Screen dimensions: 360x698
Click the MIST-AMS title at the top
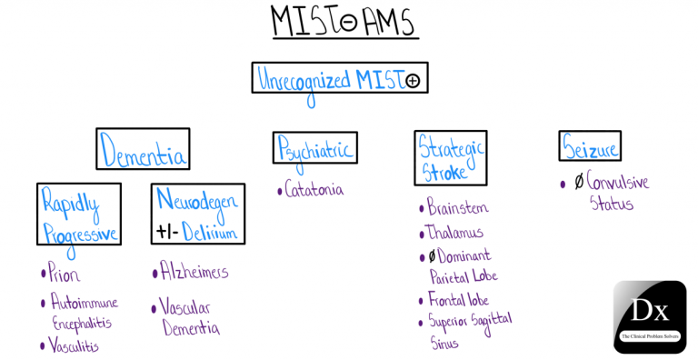click(x=344, y=22)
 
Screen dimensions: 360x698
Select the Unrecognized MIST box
click(x=339, y=79)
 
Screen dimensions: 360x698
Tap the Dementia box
click(x=144, y=150)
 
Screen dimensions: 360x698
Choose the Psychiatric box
click(x=314, y=148)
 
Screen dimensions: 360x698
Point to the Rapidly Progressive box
click(x=79, y=214)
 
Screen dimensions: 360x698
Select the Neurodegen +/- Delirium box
click(x=197, y=214)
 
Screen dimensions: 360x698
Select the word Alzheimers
click(x=194, y=272)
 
